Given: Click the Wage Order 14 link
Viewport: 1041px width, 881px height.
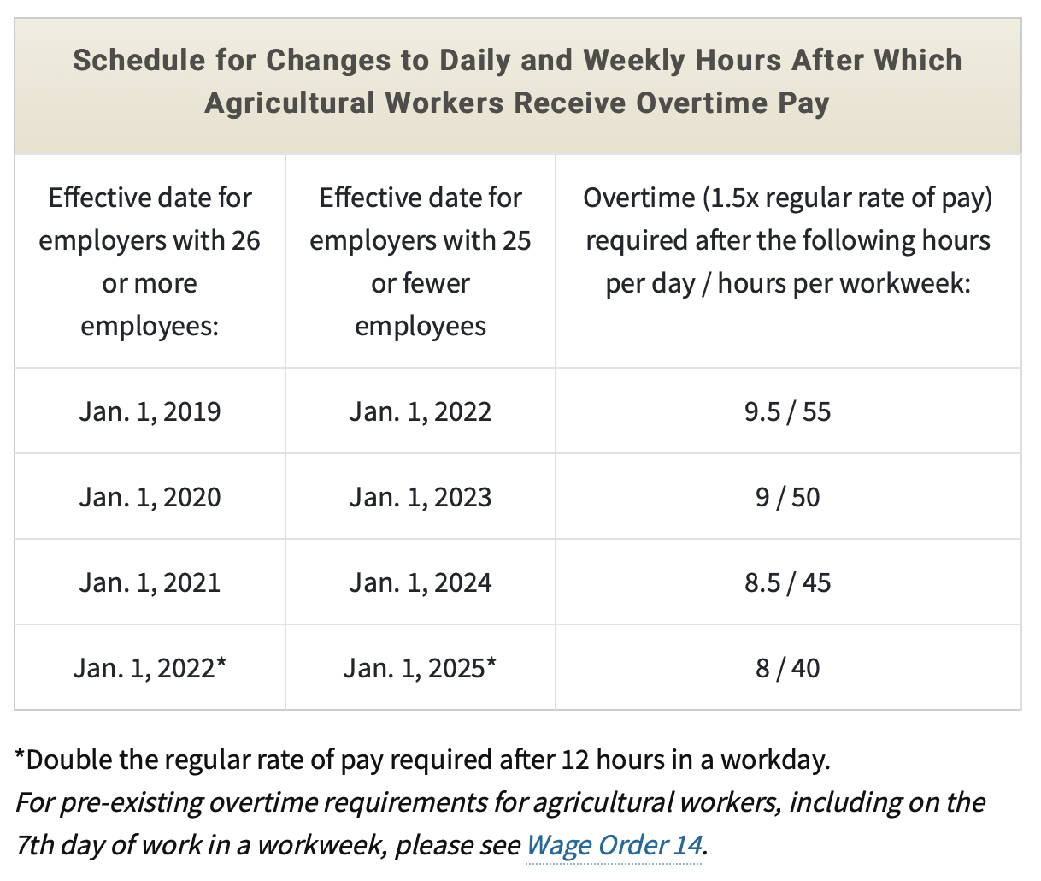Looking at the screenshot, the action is [614, 845].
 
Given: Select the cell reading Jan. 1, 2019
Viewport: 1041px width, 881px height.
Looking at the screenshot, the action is [150, 411].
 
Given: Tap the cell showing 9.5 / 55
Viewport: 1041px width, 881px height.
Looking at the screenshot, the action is [788, 411].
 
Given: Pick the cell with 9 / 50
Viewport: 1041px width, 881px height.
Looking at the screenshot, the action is [788, 497].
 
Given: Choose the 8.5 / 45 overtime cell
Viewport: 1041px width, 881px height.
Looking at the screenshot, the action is [788, 582].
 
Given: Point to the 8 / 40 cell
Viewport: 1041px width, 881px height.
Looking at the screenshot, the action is [788, 668].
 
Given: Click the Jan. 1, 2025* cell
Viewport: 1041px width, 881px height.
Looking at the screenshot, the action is [420, 668].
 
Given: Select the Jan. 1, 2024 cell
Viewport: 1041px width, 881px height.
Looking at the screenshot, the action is [421, 582].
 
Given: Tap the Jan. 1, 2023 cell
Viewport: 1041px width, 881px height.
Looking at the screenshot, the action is [421, 497].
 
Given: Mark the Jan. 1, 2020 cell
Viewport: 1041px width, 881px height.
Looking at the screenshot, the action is [150, 497].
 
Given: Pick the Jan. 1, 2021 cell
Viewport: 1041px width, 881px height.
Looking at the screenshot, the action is [150, 582].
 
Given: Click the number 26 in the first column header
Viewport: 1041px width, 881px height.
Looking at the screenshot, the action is [246, 240].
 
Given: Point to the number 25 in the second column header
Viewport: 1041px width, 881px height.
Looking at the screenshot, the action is [517, 240].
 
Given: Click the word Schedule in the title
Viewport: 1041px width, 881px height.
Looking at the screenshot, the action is [139, 60].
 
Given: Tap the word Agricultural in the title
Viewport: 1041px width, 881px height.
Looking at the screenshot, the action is [290, 103].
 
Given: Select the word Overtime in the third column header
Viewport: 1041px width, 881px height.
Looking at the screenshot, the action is [638, 198].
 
